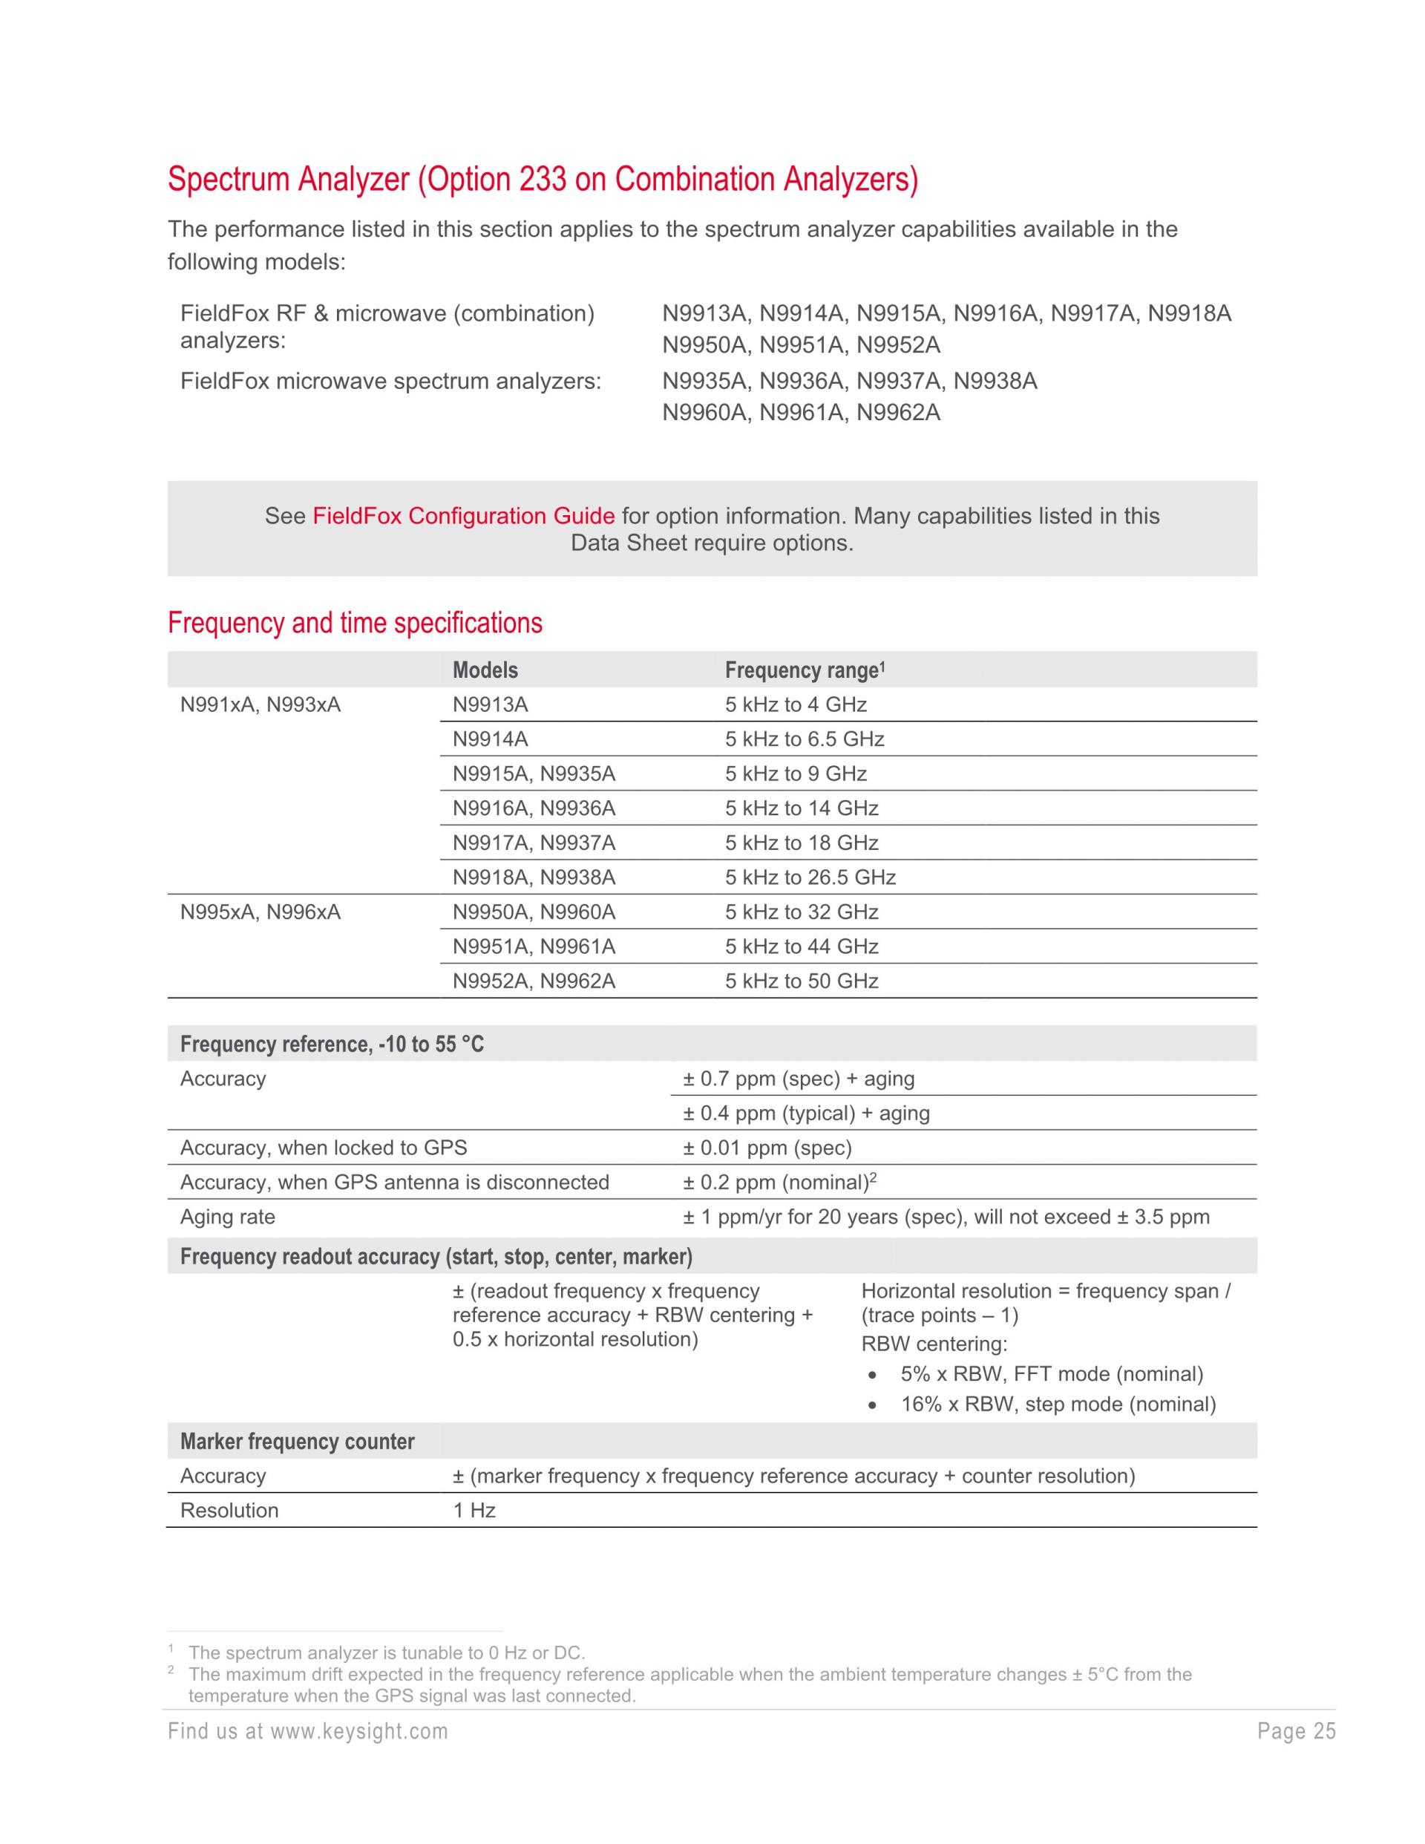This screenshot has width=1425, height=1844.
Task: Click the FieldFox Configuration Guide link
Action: (462, 516)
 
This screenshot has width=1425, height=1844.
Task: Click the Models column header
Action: (485, 670)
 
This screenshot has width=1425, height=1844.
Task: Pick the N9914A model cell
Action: (490, 739)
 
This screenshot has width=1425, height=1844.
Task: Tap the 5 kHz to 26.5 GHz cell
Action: (810, 878)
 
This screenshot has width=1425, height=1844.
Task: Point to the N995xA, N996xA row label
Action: (260, 912)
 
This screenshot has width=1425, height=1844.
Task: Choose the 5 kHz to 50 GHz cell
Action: (801, 981)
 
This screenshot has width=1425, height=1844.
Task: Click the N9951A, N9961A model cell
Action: (534, 947)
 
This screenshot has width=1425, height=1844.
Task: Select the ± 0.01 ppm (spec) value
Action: (767, 1148)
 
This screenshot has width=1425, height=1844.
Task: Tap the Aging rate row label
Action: (227, 1217)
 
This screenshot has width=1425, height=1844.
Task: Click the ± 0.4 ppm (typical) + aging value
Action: (805, 1114)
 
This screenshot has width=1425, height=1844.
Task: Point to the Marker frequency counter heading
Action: (297, 1442)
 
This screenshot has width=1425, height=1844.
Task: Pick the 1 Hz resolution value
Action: (474, 1511)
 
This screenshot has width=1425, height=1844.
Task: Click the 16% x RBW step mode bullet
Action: (1057, 1405)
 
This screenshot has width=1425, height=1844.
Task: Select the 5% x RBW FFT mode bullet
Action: (1051, 1375)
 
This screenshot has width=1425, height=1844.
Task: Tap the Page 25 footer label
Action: (1296, 1733)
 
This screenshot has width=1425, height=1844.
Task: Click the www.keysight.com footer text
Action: (358, 1733)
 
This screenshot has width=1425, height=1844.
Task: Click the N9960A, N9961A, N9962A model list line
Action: (800, 413)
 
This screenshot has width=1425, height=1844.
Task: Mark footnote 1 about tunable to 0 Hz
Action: (386, 1653)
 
